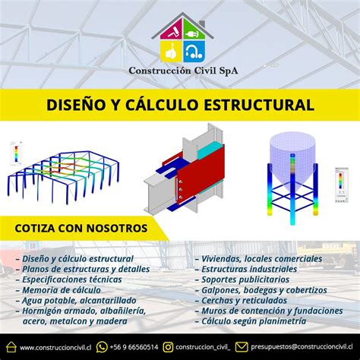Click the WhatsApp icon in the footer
102,347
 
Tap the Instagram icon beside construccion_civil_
168,347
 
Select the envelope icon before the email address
242,347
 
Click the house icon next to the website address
11,347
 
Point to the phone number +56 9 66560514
134,347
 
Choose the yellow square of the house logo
171,52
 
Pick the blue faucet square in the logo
194,52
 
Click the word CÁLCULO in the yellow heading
161,105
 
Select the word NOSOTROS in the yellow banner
117,228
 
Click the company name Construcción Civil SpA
183,71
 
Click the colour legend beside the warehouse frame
16,153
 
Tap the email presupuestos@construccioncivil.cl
302,346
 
